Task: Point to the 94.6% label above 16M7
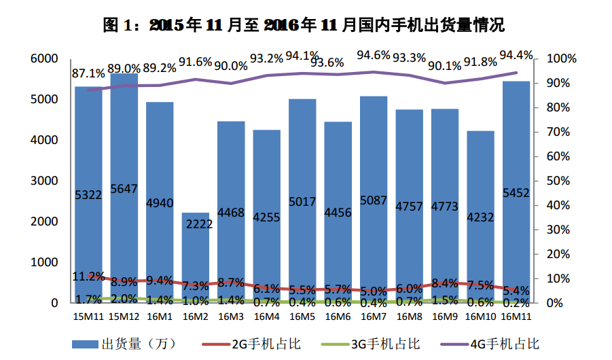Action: [374, 54]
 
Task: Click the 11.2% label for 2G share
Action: [88, 276]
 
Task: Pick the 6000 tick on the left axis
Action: [44, 59]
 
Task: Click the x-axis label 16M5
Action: [302, 317]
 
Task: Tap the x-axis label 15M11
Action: [88, 317]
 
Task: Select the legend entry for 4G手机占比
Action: [493, 343]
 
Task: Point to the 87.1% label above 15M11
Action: [88, 73]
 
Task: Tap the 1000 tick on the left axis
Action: [44, 262]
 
